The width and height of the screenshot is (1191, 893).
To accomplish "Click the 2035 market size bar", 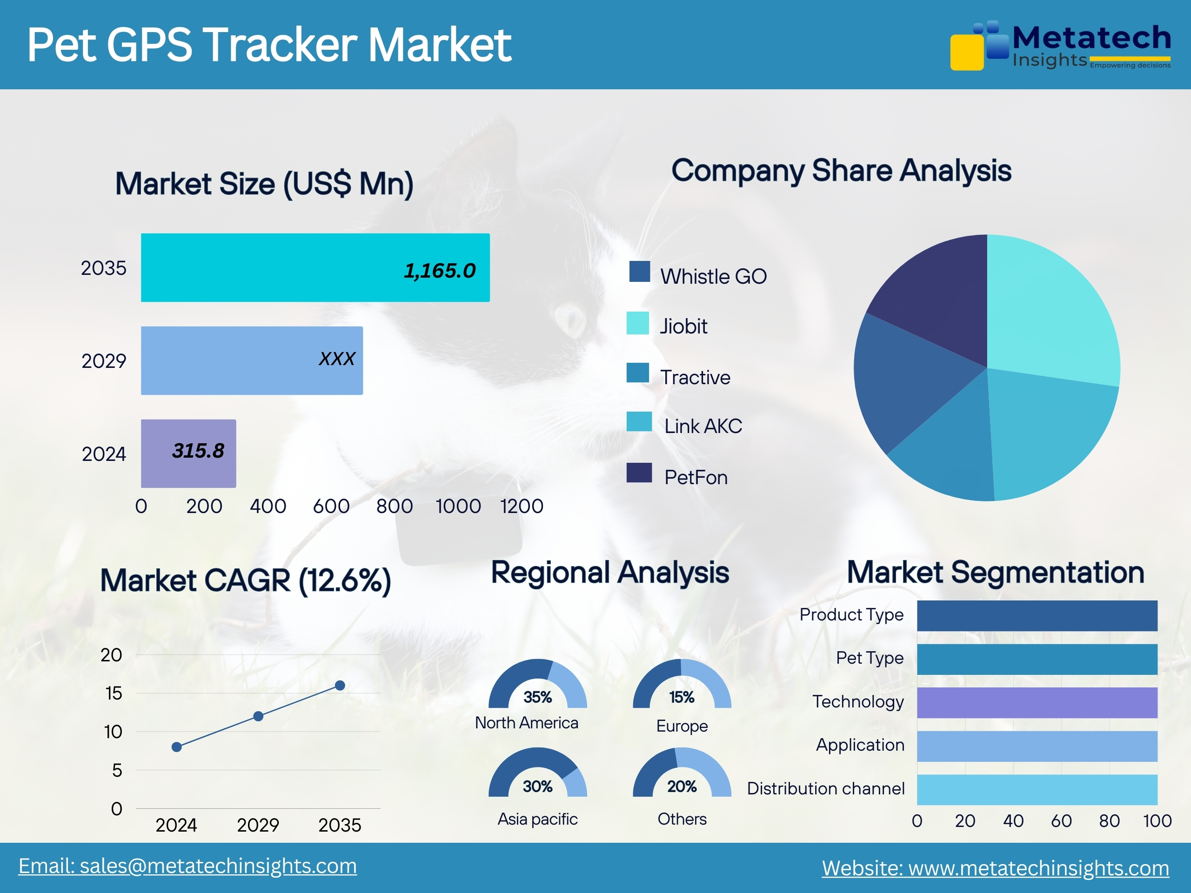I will click(x=315, y=267).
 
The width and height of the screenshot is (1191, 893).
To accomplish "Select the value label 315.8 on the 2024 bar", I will click(x=198, y=451).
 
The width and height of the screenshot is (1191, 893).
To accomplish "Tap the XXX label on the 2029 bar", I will click(x=336, y=359).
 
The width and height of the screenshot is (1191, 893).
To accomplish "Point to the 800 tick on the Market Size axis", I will click(x=394, y=506).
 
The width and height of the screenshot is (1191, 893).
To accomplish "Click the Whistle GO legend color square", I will click(x=639, y=272).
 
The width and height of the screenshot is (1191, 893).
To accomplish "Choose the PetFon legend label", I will click(x=696, y=478).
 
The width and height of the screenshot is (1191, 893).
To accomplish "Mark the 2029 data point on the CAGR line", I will click(x=258, y=716).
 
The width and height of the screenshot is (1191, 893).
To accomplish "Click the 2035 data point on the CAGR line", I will click(x=340, y=685).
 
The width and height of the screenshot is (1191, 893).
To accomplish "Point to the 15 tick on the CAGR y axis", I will click(x=114, y=693).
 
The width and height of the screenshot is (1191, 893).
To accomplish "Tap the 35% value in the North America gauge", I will click(x=537, y=697).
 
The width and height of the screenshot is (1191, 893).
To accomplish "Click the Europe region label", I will click(x=682, y=726).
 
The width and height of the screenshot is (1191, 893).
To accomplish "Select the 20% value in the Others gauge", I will click(x=682, y=786).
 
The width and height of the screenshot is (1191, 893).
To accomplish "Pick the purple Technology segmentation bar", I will click(x=1037, y=702).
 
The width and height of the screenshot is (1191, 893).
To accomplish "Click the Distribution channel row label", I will click(x=825, y=788).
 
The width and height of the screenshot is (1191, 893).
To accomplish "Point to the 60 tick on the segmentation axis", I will click(x=1061, y=821).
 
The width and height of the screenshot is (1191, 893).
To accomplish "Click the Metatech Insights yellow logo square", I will click(x=966, y=52).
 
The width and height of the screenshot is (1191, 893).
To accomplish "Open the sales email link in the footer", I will click(x=187, y=866).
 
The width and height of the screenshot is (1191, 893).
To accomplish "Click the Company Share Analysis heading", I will click(x=841, y=171).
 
